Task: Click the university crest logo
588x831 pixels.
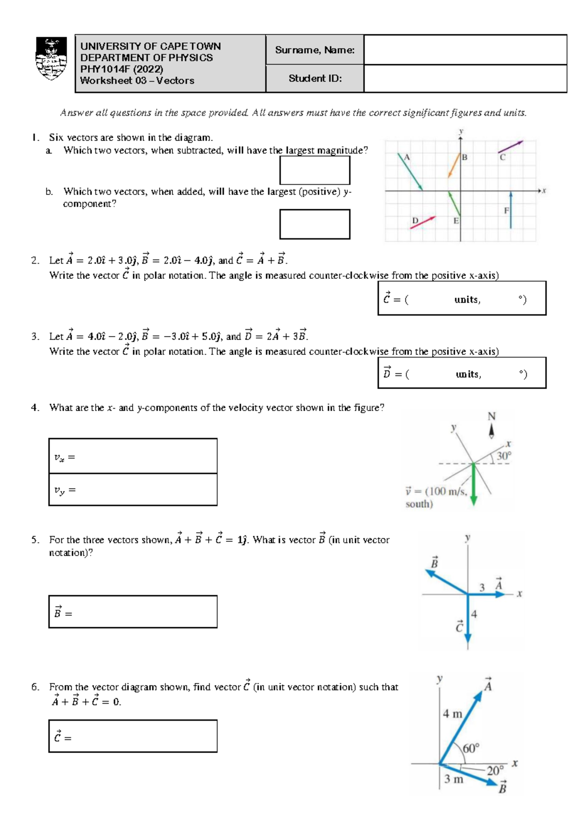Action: click(x=51, y=59)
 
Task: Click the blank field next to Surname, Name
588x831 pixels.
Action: click(x=465, y=49)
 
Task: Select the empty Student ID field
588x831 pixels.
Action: click(x=465, y=78)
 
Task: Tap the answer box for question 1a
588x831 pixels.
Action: click(x=315, y=171)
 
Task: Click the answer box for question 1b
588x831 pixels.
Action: click(x=315, y=224)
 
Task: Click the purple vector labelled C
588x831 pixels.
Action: click(x=511, y=147)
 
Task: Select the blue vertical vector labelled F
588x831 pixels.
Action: click(x=511, y=210)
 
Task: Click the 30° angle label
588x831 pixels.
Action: click(x=504, y=456)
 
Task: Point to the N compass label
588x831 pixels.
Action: click(x=491, y=416)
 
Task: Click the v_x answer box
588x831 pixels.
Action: click(x=133, y=456)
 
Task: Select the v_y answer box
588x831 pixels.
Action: click(x=133, y=489)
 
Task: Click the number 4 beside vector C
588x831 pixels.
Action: click(x=474, y=614)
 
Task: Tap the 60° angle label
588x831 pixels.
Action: click(x=471, y=748)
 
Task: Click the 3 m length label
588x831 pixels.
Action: click(x=453, y=779)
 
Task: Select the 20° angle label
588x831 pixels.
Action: click(x=495, y=770)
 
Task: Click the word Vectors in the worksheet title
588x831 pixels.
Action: click(x=175, y=81)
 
